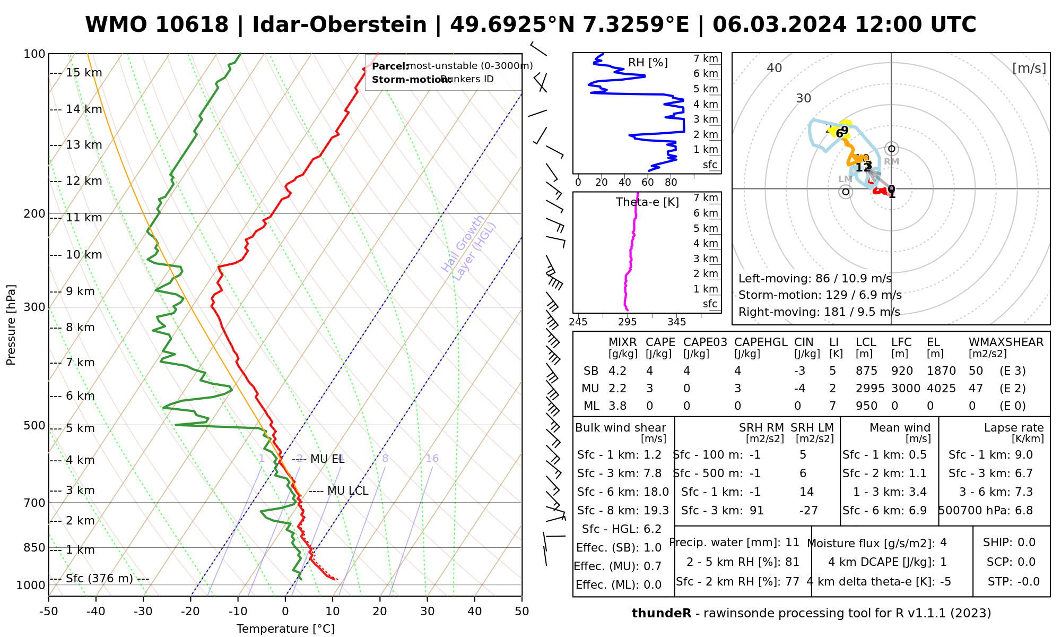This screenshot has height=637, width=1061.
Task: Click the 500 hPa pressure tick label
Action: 34,426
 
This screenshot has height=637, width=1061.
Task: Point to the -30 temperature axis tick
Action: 143,612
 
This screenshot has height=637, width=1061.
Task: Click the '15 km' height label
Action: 84,73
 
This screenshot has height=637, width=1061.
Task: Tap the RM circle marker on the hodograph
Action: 892,149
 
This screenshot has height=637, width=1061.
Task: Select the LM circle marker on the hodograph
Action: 846,191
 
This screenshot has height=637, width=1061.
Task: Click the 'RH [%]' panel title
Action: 648,63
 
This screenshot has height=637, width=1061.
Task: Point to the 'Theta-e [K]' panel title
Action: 647,202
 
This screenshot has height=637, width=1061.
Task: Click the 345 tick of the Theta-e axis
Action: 676,322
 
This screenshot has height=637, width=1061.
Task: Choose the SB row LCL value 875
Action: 866,371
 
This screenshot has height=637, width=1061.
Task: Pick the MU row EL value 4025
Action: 941,389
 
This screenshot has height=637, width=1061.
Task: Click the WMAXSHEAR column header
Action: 1006,342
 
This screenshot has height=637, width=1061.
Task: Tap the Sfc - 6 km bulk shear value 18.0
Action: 656,492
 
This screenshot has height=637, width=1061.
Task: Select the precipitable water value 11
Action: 792,543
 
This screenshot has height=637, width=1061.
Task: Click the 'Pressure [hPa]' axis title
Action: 11,325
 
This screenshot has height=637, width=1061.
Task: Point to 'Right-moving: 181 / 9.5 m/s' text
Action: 819,312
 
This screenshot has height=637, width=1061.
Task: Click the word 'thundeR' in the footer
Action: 661,614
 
